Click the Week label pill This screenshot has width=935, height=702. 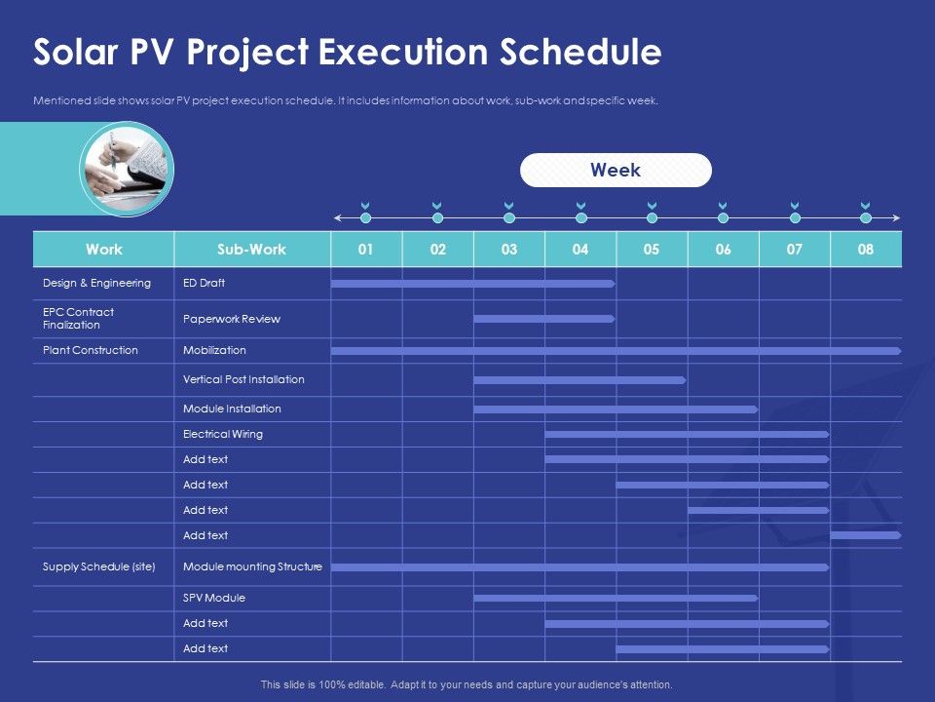(616, 170)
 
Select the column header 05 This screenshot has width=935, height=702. (652, 250)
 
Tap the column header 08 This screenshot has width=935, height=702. (866, 250)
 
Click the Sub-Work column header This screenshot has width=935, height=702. (251, 250)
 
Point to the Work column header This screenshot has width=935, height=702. (104, 250)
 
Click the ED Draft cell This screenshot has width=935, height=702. (204, 283)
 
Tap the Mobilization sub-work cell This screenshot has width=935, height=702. (214, 350)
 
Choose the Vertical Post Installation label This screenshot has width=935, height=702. (243, 379)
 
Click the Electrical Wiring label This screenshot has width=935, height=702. (223, 434)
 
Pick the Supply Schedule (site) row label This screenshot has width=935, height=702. (99, 566)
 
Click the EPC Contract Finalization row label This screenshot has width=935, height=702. (78, 319)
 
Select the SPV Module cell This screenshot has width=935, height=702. (214, 598)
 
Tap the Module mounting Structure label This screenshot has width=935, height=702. (252, 566)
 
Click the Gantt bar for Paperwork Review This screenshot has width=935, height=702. (543, 319)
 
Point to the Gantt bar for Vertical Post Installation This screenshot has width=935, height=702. (580, 379)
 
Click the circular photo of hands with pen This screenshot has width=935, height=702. (127, 168)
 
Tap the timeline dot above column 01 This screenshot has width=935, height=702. (365, 217)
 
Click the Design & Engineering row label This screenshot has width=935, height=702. (96, 283)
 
